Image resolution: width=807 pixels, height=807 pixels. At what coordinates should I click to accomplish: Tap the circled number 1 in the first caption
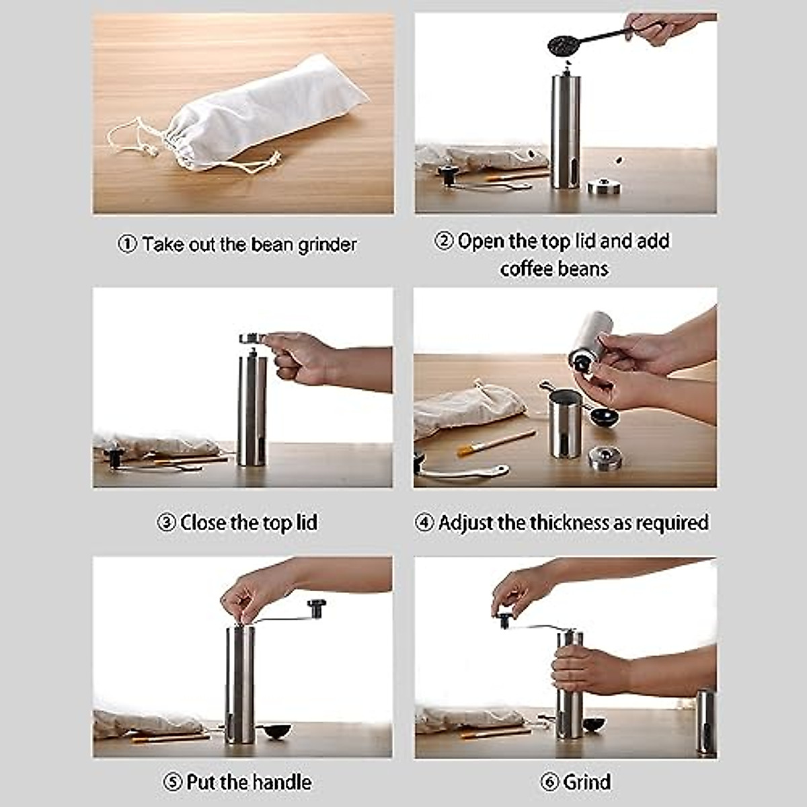pos(127,244)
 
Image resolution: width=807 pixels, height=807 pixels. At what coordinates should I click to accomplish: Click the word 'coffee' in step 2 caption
pos(526,269)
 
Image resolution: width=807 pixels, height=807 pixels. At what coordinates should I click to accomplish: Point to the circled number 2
pos(444,241)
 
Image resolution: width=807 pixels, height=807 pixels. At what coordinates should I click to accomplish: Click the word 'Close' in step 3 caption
pos(202,523)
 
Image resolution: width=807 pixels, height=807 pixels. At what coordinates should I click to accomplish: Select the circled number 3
pos(166,523)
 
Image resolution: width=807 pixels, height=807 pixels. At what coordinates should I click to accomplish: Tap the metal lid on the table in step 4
pos(605,457)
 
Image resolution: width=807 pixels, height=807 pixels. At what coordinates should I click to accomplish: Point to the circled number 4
pos(424,523)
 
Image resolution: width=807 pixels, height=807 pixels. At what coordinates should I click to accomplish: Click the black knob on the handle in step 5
pos(316,608)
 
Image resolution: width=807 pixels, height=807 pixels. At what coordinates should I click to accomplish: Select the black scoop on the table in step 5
pos(274,731)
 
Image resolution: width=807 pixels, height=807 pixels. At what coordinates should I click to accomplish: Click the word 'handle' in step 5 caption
pos(281,782)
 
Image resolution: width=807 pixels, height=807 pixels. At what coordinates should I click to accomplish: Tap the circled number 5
pos(173,782)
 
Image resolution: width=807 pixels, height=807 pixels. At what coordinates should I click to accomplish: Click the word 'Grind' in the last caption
pos(587,782)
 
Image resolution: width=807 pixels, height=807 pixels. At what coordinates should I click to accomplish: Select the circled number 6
pos(550,782)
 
